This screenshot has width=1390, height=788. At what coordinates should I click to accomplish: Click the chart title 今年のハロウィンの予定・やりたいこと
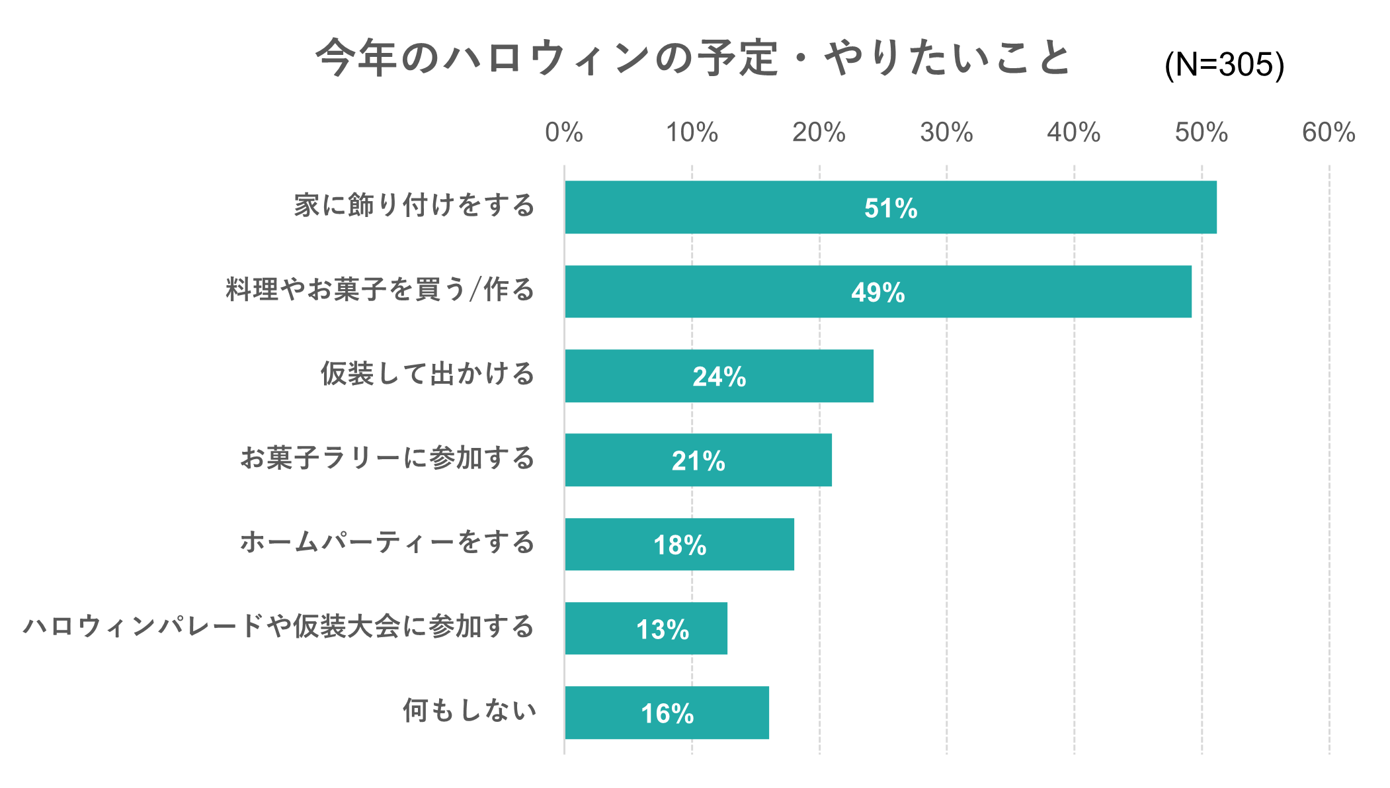pyautogui.click(x=692, y=58)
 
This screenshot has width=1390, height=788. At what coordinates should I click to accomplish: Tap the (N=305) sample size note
pyautogui.click(x=1224, y=65)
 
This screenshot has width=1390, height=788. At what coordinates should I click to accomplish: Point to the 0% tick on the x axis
pyautogui.click(x=563, y=133)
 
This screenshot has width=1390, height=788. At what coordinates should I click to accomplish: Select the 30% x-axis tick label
pyautogui.click(x=946, y=133)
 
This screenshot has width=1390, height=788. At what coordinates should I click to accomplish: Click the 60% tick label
pyautogui.click(x=1328, y=133)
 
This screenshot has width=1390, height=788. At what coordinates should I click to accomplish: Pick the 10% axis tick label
pyautogui.click(x=692, y=133)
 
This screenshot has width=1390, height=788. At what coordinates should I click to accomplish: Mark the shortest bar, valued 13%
pyautogui.click(x=595, y=628)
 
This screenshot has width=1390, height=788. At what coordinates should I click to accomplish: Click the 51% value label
pyautogui.click(x=891, y=208)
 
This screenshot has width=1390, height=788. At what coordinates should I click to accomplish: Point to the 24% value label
pyautogui.click(x=719, y=377)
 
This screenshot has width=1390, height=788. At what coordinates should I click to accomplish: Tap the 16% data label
pyautogui.click(x=667, y=714)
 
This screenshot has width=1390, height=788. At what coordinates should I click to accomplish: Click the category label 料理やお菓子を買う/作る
pyautogui.click(x=380, y=290)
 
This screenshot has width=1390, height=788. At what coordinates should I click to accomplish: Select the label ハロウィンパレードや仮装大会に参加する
pyautogui.click(x=278, y=627)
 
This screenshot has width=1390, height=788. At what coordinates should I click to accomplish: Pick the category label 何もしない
pyautogui.click(x=470, y=711)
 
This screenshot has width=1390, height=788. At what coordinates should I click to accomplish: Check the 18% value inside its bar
pyautogui.click(x=680, y=545)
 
